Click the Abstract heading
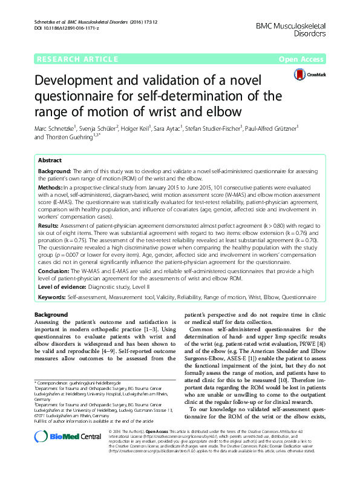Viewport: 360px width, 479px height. tap(50, 161)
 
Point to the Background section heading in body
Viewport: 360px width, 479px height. tap(51, 315)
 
